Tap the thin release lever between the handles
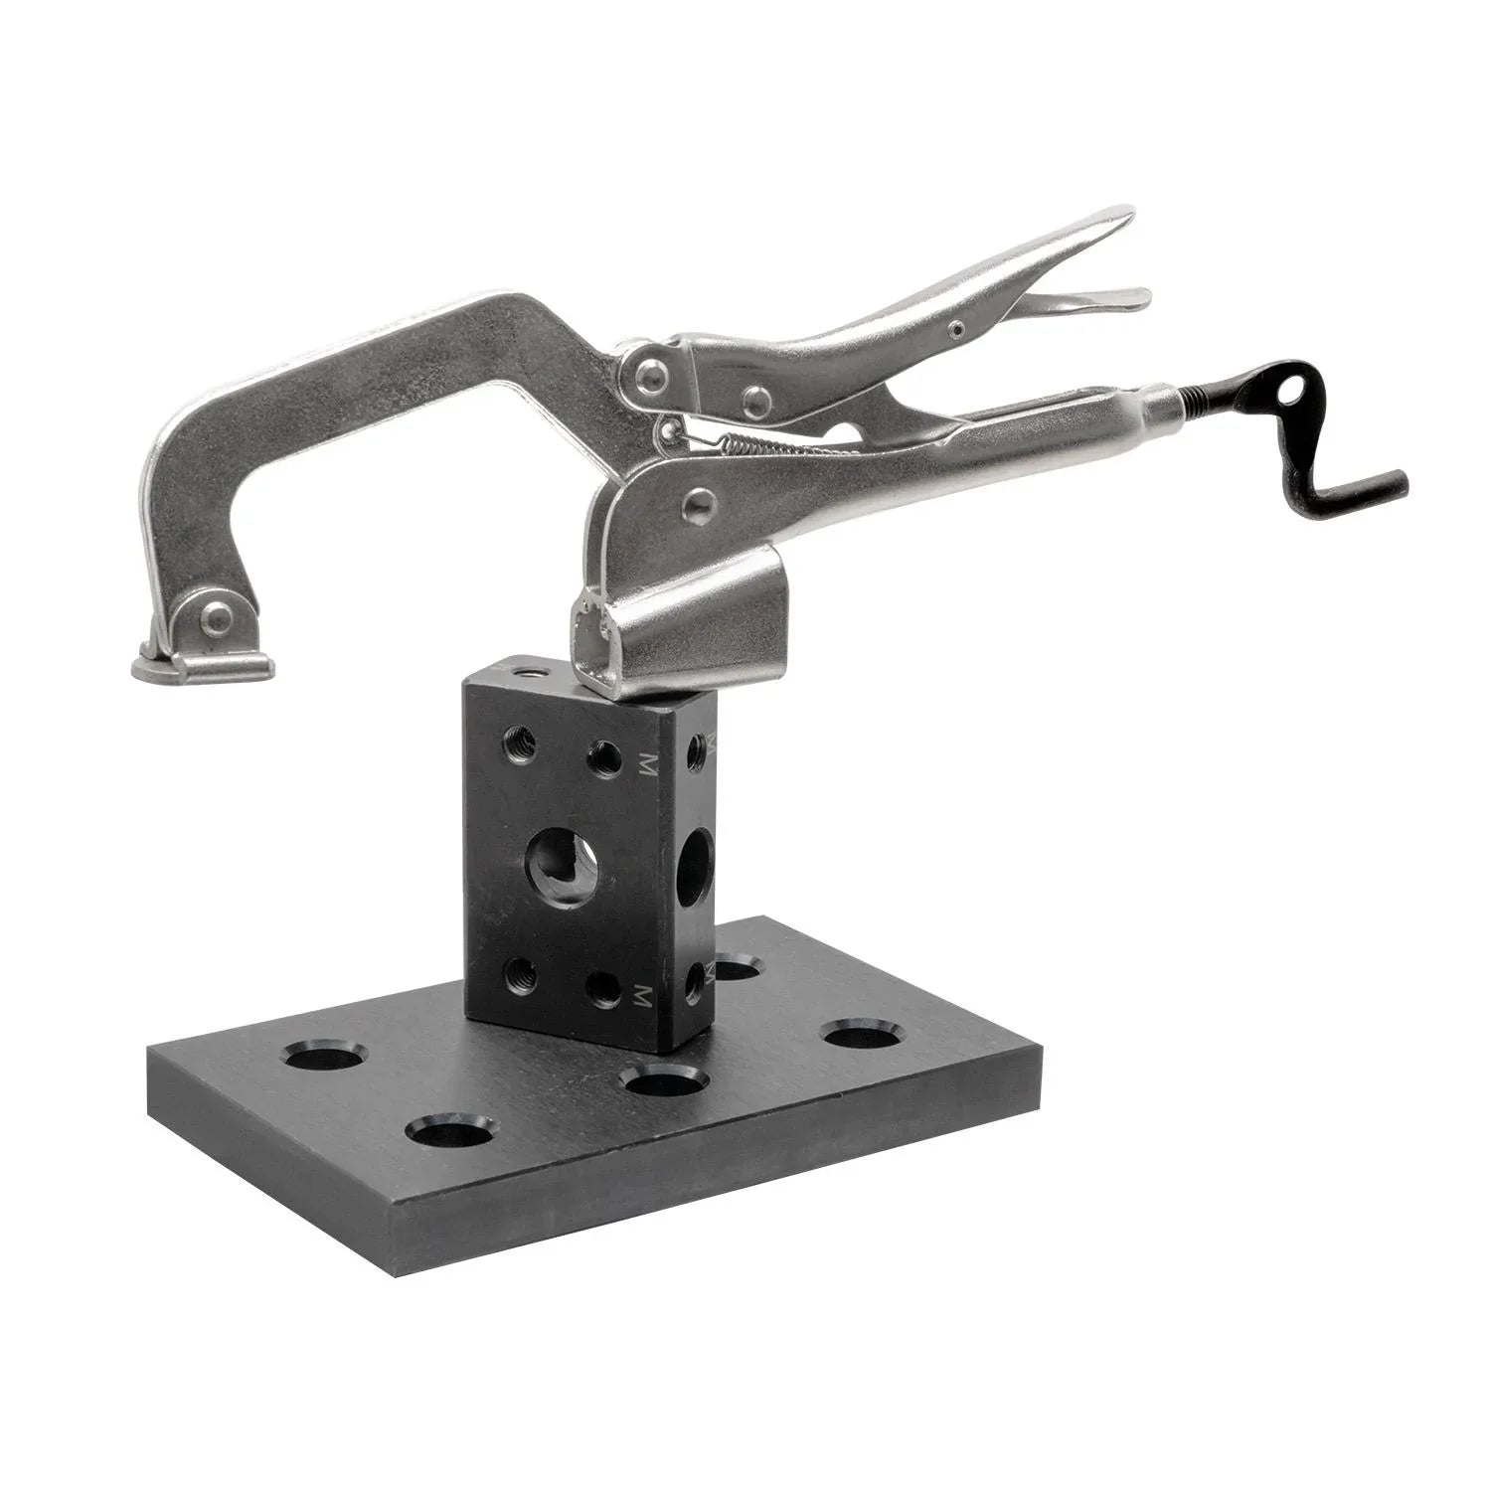[1083, 297]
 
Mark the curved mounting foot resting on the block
[676, 626]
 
